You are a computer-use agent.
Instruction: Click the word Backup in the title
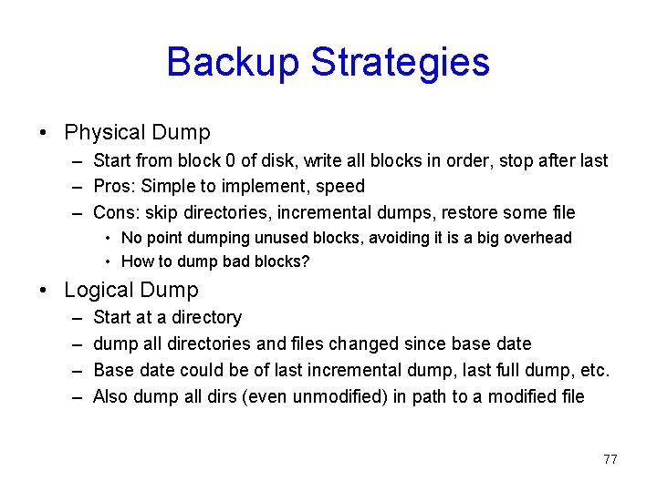pyautogui.click(x=233, y=62)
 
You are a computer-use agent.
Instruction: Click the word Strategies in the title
pyautogui.click(x=401, y=62)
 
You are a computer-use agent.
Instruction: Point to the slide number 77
pyautogui.click(x=610, y=459)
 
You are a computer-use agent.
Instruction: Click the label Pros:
pyautogui.click(x=114, y=187)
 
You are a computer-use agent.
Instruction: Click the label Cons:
pyautogui.click(x=116, y=213)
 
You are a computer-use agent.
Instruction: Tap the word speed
pyautogui.click(x=340, y=187)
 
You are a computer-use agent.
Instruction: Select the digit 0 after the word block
pyautogui.click(x=229, y=160)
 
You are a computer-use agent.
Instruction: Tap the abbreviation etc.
pyautogui.click(x=593, y=370)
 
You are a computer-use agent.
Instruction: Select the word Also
pyautogui.click(x=111, y=396)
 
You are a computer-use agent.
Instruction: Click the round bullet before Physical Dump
pyautogui.click(x=44, y=134)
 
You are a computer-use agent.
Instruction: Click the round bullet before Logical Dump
pyautogui.click(x=44, y=292)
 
